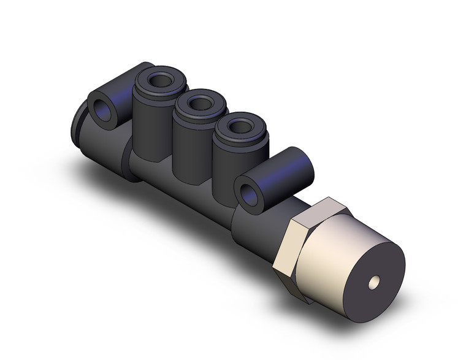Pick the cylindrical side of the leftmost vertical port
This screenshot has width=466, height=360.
pos(150,123)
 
